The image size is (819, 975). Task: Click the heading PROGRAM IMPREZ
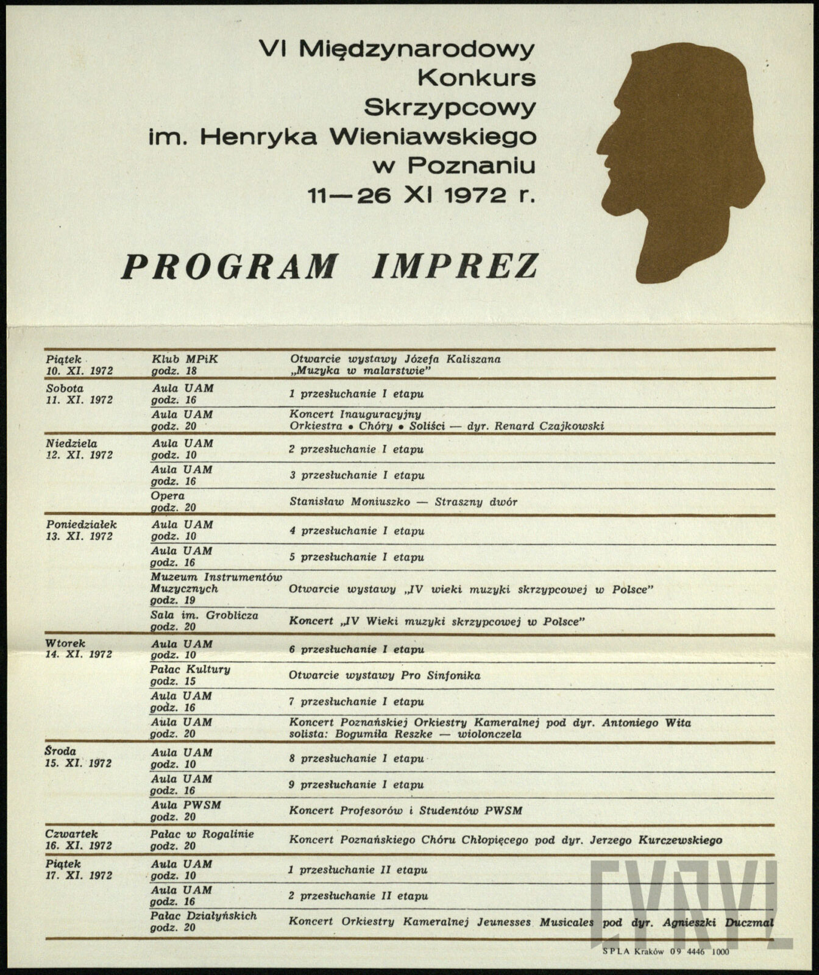329,266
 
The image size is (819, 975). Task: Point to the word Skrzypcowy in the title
449,107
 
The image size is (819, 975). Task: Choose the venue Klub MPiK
184,359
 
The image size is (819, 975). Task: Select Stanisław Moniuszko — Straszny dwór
403,502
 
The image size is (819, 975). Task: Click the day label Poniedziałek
81,524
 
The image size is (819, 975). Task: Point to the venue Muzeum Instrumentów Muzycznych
216,583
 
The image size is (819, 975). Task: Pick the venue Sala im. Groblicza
204,615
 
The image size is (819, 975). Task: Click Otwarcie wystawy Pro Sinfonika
384,675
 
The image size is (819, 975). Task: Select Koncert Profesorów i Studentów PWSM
405,811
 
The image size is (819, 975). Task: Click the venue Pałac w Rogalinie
202,834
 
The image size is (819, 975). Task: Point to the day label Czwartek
71,834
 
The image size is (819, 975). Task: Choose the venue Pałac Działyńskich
204,915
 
